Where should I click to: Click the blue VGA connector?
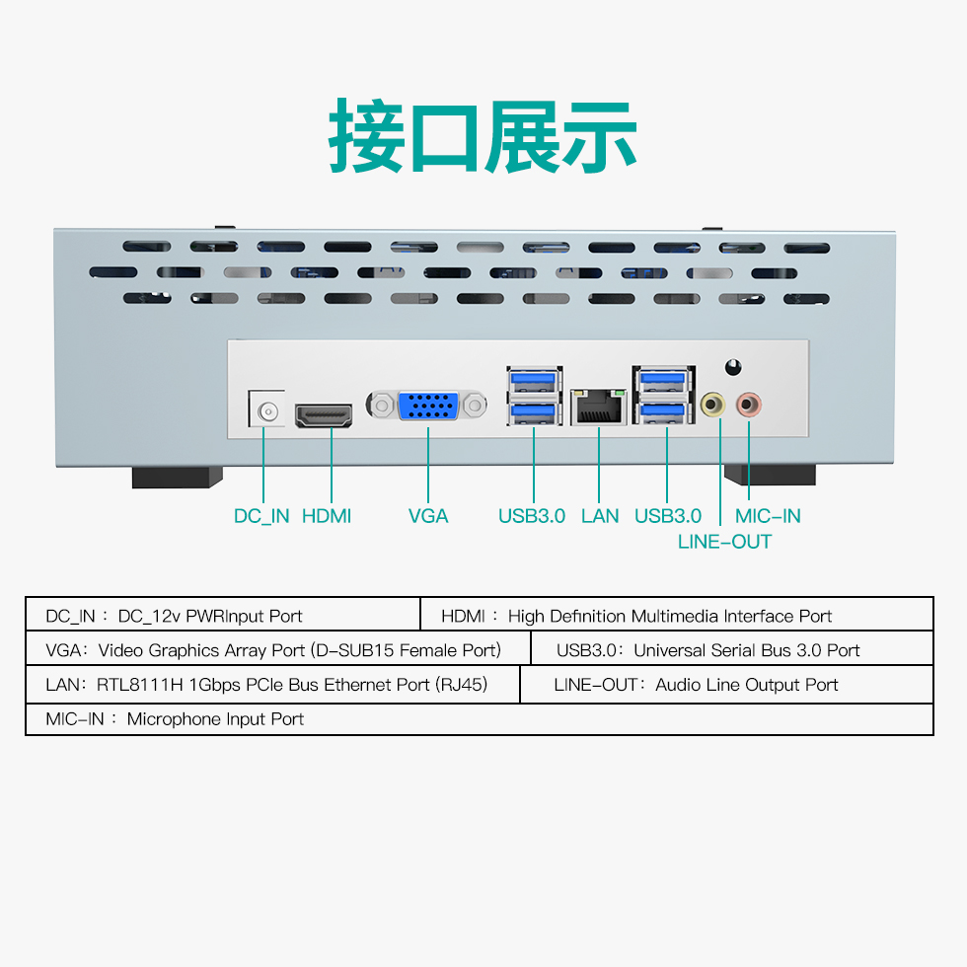[x=428, y=406]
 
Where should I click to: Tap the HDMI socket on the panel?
[x=324, y=415]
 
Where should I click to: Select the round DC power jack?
[x=267, y=410]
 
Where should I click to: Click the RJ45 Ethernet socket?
[x=599, y=407]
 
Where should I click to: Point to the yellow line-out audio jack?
[x=713, y=406]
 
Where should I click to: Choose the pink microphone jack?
[x=748, y=405]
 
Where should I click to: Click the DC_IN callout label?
[x=261, y=516]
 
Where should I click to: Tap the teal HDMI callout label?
[x=327, y=516]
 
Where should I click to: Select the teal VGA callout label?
[x=428, y=516]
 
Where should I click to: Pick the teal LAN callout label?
[x=600, y=516]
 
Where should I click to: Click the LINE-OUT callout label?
[x=724, y=542]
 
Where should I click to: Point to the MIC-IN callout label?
[x=768, y=516]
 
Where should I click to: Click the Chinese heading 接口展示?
[x=483, y=136]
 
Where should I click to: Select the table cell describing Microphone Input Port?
[x=480, y=719]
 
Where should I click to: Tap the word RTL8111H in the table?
[x=140, y=685]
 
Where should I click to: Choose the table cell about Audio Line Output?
[x=726, y=685]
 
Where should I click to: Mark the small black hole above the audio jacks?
[x=732, y=367]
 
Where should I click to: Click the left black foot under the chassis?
[x=177, y=478]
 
